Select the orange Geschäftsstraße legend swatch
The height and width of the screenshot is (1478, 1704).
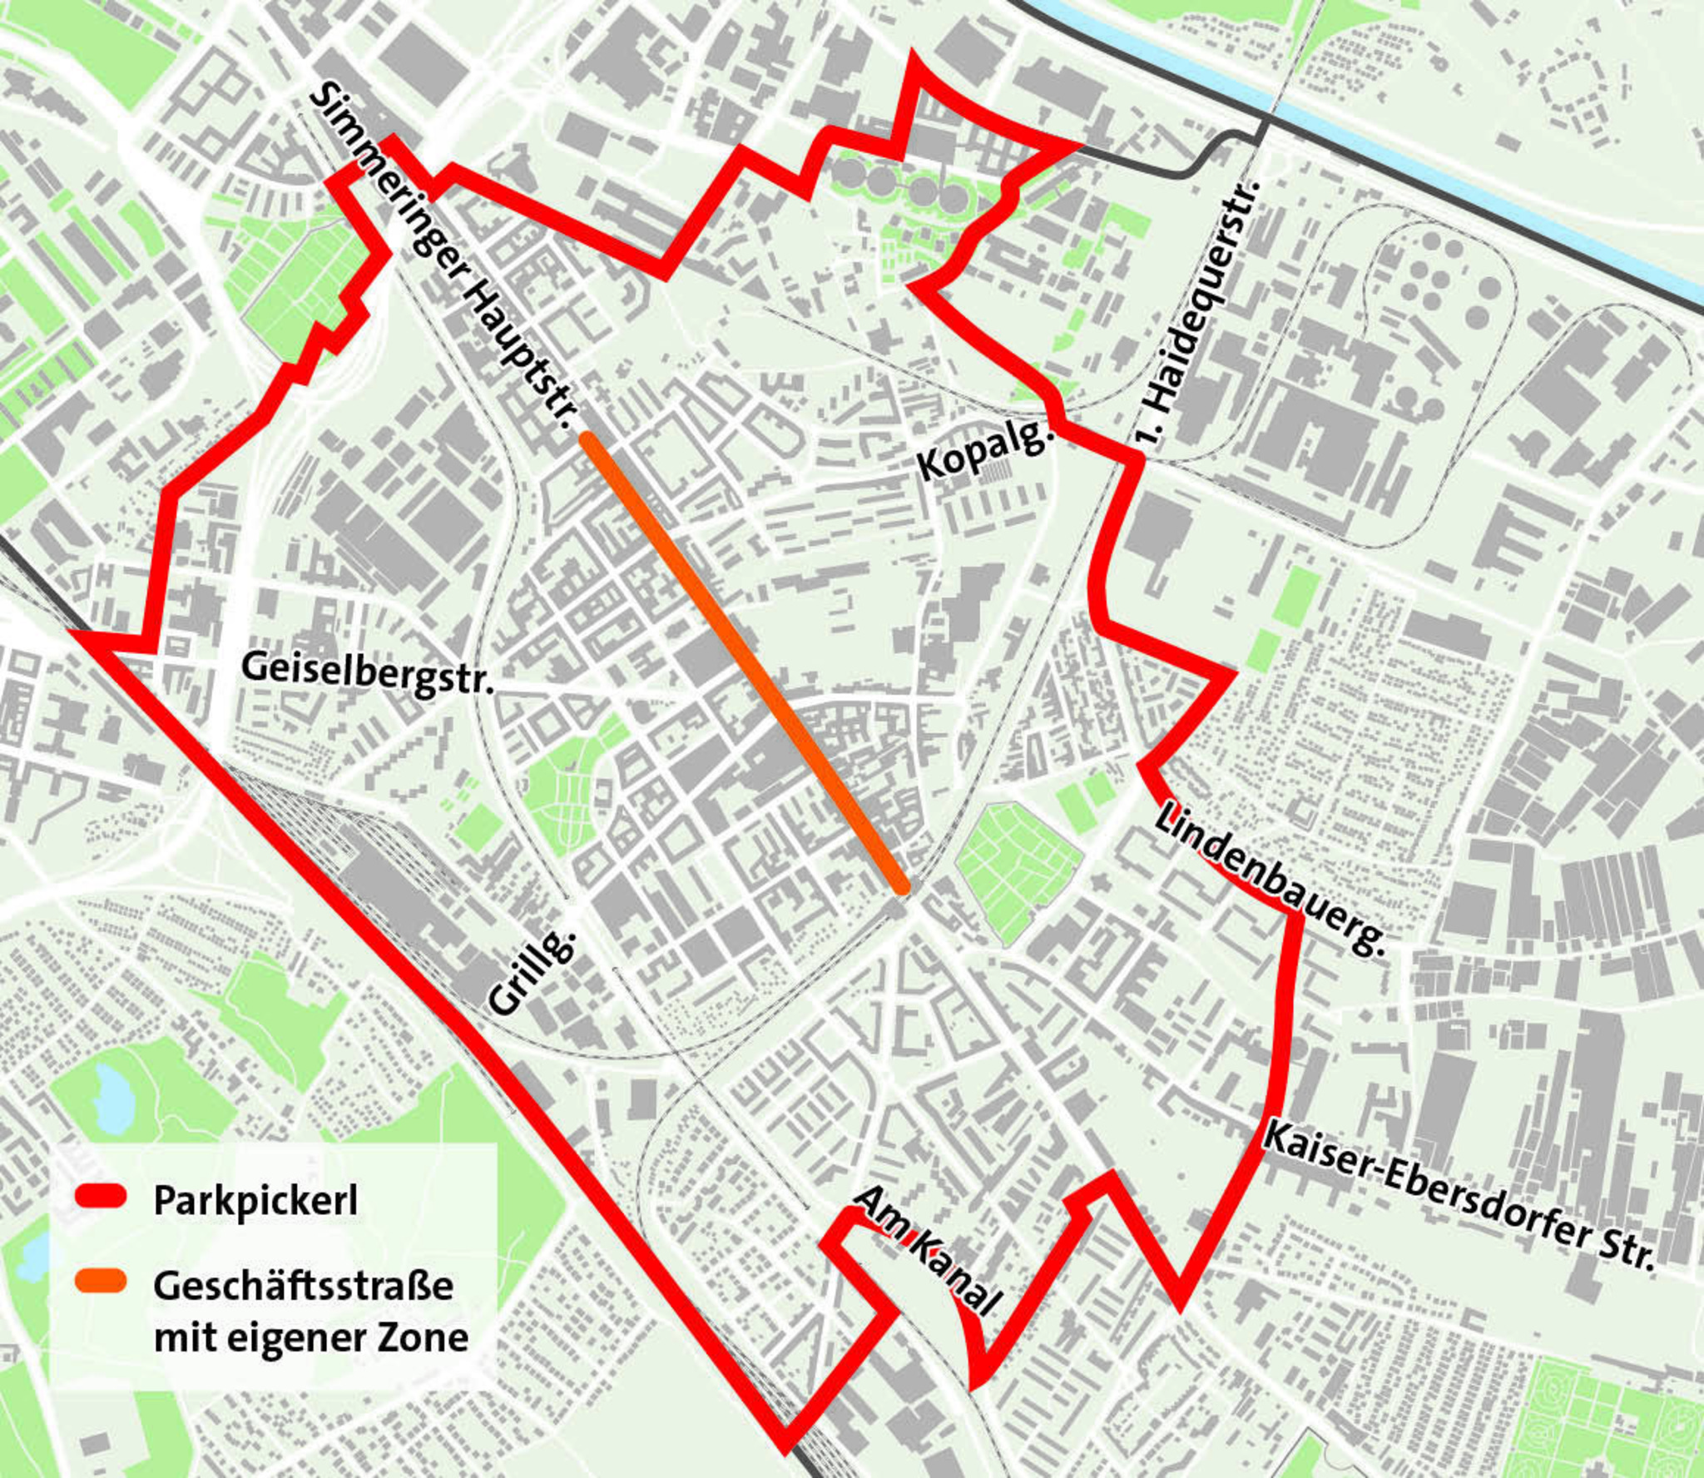point(100,1282)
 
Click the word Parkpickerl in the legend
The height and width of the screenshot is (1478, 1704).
point(255,1200)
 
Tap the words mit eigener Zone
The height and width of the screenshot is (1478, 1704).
point(310,1337)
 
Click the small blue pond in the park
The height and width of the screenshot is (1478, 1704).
point(111,1095)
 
